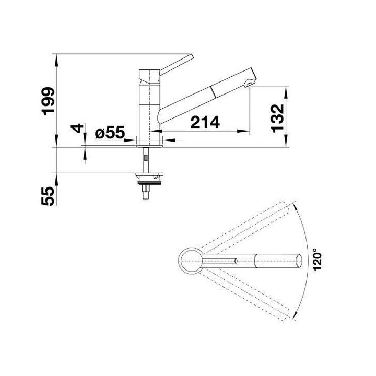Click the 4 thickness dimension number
[77, 128]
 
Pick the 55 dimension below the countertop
[48, 196]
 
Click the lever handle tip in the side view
[191, 57]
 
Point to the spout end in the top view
[299, 259]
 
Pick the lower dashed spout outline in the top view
[245, 295]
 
